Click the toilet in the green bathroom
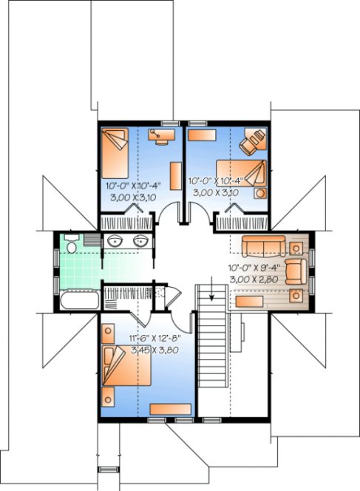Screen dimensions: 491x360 [70, 243]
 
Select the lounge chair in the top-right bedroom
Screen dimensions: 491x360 [254, 140]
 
